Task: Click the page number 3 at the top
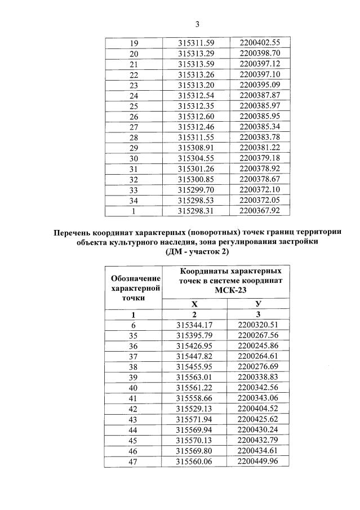(x=197, y=24)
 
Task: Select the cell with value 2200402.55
(x=260, y=43)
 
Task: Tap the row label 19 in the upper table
(x=134, y=43)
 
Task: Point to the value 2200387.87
(x=260, y=95)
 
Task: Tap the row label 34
(x=134, y=200)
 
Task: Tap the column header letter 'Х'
(x=194, y=304)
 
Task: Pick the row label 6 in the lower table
(x=134, y=325)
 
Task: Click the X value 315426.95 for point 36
(x=194, y=345)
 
